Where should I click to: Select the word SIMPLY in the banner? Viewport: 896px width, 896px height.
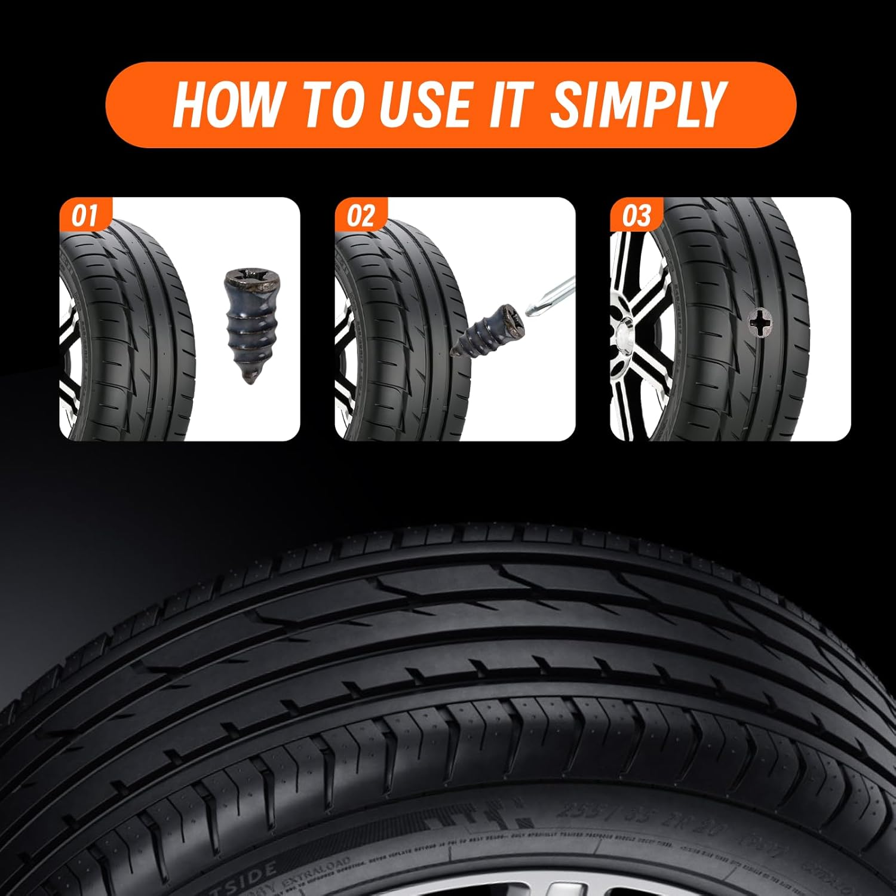636,105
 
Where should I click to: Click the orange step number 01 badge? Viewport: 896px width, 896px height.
84,216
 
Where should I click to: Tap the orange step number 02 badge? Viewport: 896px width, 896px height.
360,216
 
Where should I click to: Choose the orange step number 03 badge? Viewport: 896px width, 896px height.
636,216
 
